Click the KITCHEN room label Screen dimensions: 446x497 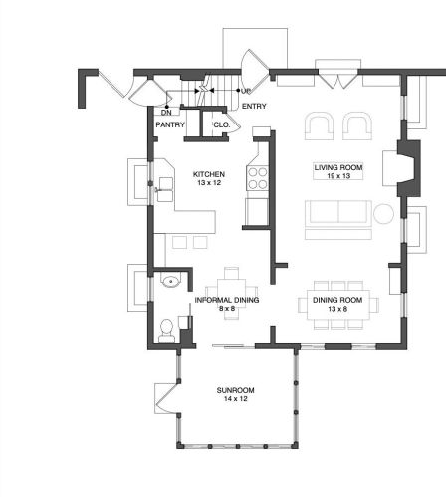click(209, 174)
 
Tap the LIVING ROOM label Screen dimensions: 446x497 click(338, 167)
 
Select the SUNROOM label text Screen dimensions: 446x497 click(236, 390)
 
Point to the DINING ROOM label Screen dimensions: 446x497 click(337, 300)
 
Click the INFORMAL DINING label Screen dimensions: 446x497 click(227, 300)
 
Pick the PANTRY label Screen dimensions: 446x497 click(170, 124)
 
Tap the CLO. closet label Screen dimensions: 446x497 click(222, 124)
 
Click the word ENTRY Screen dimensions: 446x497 click(254, 106)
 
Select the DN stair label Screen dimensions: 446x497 click(166, 113)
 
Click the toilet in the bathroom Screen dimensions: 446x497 click(166, 331)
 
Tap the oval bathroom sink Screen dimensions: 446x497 click(171, 282)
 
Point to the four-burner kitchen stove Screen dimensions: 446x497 click(257, 178)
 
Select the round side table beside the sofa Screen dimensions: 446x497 click(383, 214)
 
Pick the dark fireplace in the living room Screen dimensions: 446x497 click(409, 168)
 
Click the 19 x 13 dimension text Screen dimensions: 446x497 click(338, 176)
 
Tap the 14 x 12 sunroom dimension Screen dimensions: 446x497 click(236, 399)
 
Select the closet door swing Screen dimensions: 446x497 click(232, 124)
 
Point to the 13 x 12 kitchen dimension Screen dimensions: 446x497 click(209, 183)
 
